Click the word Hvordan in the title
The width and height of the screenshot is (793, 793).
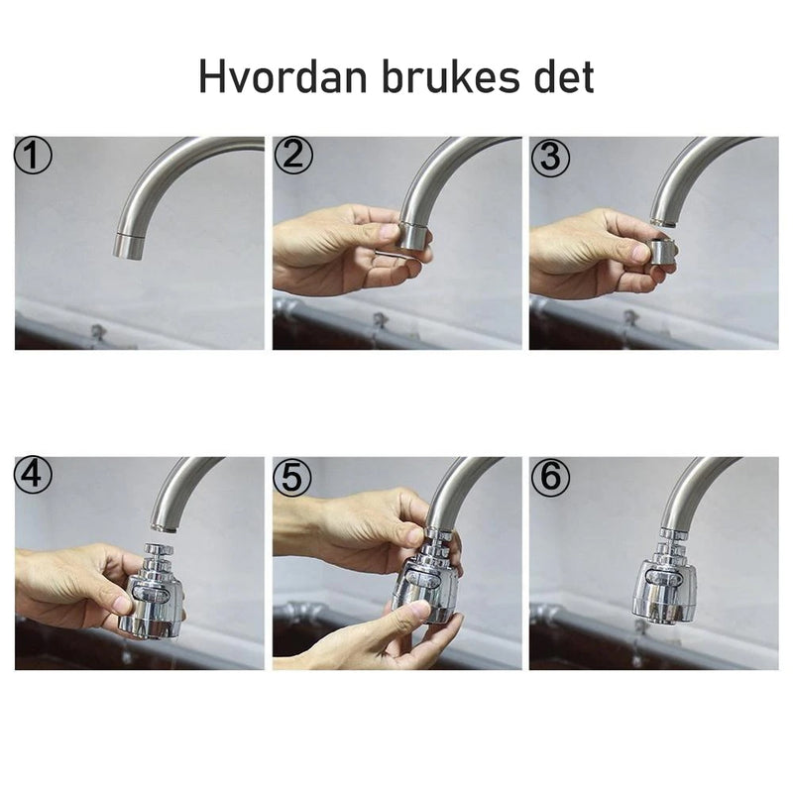click(x=283, y=76)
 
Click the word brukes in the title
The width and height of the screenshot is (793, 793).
click(x=450, y=76)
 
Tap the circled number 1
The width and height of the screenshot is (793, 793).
click(x=33, y=156)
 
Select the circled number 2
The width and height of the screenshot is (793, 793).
click(x=293, y=156)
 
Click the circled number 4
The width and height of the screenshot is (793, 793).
click(x=33, y=476)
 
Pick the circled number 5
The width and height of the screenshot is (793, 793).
click(x=292, y=477)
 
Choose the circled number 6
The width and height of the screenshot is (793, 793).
click(x=551, y=477)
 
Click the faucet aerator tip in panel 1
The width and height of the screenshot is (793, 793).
click(x=129, y=246)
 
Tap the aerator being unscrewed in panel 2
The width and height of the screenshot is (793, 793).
click(x=413, y=236)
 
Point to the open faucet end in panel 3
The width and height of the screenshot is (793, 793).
click(x=662, y=222)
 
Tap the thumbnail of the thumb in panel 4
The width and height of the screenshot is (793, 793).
click(x=123, y=603)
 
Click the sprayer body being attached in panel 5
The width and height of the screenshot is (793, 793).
click(x=425, y=588)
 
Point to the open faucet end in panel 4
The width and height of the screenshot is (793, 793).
click(x=164, y=527)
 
